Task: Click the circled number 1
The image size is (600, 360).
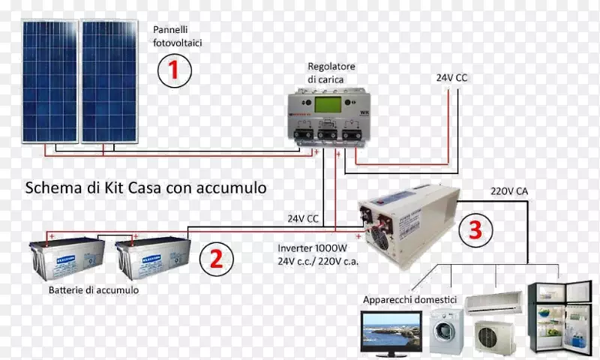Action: [173, 71]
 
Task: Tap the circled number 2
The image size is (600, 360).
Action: [216, 259]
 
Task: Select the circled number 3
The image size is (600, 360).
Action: [475, 230]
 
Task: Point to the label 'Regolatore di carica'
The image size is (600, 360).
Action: [331, 73]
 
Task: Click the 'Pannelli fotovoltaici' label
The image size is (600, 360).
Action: [178, 36]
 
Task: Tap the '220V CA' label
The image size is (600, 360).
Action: [509, 191]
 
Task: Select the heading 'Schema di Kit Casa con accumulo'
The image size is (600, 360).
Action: [145, 187]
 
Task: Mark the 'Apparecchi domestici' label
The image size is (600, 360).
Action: [410, 299]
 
